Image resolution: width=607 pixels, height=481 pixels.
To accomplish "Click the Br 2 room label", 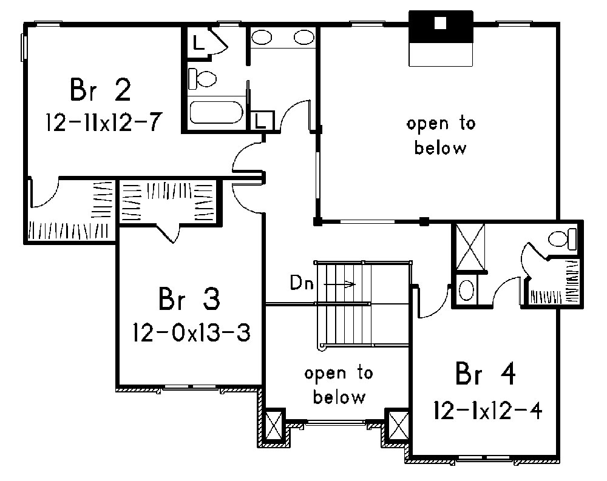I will [x=101, y=91].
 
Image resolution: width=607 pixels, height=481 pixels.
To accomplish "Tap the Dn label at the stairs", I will [x=301, y=283].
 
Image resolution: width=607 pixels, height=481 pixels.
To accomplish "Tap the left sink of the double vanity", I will [x=262, y=38].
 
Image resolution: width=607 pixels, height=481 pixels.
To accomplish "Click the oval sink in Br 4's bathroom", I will [x=467, y=290].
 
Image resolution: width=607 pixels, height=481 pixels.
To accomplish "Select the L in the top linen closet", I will [x=197, y=42].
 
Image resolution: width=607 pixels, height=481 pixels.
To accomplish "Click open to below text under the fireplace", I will [x=441, y=136].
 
